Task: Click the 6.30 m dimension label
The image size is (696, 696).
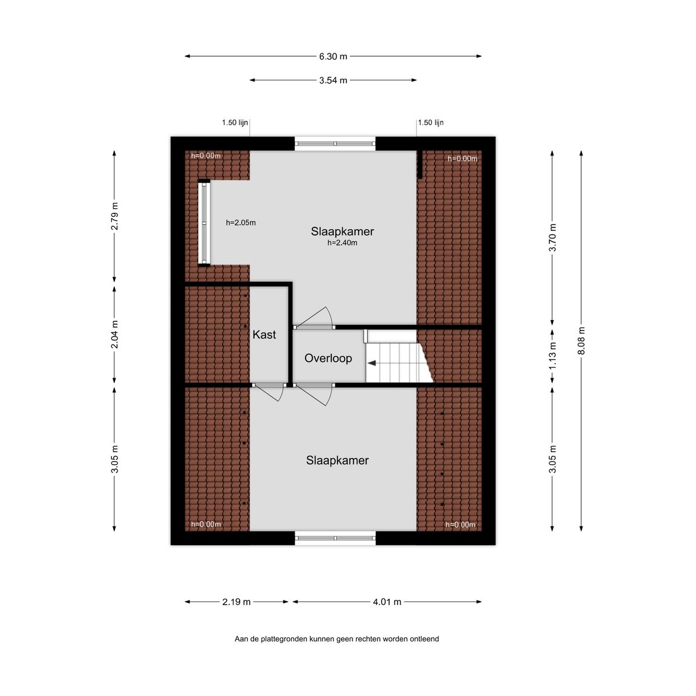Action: pyautogui.click(x=333, y=56)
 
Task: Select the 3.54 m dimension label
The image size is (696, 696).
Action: pyautogui.click(x=333, y=80)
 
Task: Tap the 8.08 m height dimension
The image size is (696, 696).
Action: pyautogui.click(x=581, y=340)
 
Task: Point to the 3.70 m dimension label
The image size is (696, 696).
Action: pyautogui.click(x=552, y=237)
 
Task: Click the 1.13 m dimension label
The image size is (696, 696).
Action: pyautogui.click(x=552, y=356)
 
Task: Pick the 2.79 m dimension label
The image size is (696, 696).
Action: pyautogui.click(x=114, y=216)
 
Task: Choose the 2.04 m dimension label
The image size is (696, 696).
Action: pyautogui.click(x=114, y=334)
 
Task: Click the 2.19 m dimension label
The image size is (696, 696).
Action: pyautogui.click(x=236, y=601)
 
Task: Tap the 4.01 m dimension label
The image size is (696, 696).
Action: pyautogui.click(x=387, y=601)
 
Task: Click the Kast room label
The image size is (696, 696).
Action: pyautogui.click(x=264, y=335)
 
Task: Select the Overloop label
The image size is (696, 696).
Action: pyautogui.click(x=328, y=358)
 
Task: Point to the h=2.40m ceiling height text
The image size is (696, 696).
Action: pyautogui.click(x=342, y=243)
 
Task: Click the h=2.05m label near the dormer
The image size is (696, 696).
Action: pyautogui.click(x=241, y=223)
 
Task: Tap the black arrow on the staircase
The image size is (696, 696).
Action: pyautogui.click(x=371, y=363)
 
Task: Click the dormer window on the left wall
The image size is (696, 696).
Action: pyautogui.click(x=204, y=223)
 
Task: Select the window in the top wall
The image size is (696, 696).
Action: pyautogui.click(x=335, y=143)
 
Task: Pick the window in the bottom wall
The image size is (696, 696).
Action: pyautogui.click(x=335, y=538)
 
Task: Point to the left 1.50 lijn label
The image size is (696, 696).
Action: pyautogui.click(x=235, y=123)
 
